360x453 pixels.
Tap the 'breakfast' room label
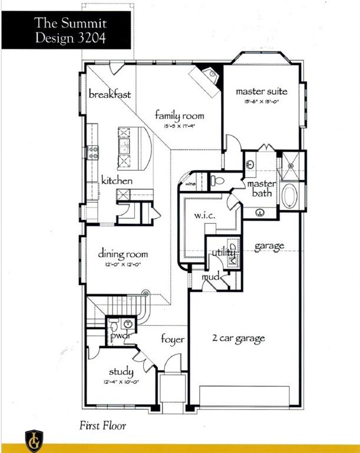(110, 94)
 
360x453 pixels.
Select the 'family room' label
(180, 115)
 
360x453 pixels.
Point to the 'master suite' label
(262, 91)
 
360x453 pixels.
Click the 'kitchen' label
(117, 180)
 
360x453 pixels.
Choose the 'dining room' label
(123, 254)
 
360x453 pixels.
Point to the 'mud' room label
(211, 276)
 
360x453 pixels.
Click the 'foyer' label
(173, 340)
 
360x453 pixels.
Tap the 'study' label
(121, 372)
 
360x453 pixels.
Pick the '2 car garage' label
(238, 339)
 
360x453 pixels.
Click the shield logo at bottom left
(34, 441)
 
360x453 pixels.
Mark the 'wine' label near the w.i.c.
(190, 183)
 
